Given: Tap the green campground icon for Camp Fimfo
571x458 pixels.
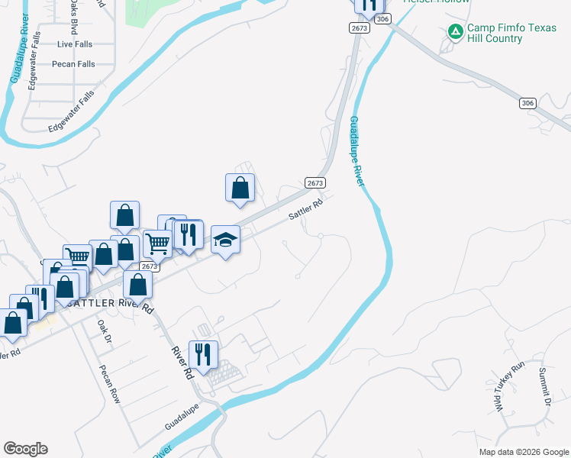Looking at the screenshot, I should click(456, 31).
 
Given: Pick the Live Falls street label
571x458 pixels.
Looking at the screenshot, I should click(75, 44).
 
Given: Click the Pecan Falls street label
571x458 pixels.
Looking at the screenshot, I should click(73, 64).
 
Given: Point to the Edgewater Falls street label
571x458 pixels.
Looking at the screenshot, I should click(71, 110).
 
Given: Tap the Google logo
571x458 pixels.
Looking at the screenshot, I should click(25, 449).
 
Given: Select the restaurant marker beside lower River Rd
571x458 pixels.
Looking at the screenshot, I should click(203, 354).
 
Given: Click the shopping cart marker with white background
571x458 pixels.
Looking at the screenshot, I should click(157, 244).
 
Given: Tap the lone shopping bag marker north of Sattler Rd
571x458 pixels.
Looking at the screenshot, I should click(240, 188).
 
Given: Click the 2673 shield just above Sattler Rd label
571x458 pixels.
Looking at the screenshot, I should click(315, 183).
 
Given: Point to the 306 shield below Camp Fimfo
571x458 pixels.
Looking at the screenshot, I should click(527, 103).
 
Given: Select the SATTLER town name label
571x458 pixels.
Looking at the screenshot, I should click(91, 303).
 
